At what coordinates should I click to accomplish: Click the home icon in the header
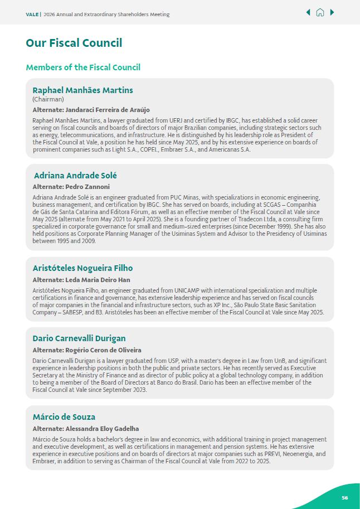pos(320,12)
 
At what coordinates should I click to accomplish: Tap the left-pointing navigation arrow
pos(308,12)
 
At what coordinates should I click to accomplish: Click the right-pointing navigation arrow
pos(332,12)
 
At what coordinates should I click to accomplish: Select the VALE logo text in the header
pos(32,14)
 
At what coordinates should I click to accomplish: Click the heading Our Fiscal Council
pos(74,43)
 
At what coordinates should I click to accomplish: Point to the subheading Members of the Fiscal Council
pos(82,67)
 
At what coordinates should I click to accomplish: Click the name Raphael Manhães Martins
pos(82,90)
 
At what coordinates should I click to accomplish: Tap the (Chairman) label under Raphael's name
pos(48,99)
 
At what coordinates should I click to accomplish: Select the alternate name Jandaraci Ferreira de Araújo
pos(108,110)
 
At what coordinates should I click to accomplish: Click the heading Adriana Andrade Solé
pos(75,176)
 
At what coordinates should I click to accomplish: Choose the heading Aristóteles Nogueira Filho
pos(82,268)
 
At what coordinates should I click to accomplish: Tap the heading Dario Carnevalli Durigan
pos(79,338)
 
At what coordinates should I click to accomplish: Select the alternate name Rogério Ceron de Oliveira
pos(103,350)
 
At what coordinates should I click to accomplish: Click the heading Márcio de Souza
pos(64,417)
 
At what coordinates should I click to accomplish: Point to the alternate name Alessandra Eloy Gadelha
pos(102,429)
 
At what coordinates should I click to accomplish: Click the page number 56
pos(345,497)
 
